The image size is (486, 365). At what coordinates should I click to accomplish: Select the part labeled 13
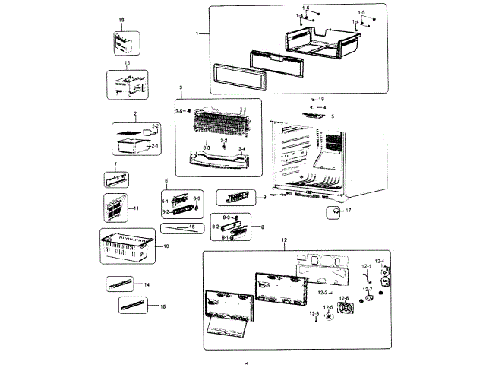point(127,85)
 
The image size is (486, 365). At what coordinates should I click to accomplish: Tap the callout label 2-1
point(156,144)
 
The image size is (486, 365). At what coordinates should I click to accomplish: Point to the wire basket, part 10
point(127,246)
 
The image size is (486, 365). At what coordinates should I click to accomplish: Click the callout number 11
point(137,208)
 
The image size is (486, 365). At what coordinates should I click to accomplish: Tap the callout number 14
point(147,284)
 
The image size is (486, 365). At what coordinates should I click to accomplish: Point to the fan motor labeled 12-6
point(346,309)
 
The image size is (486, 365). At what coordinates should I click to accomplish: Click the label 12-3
point(314,313)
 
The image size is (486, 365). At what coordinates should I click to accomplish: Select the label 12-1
point(365,266)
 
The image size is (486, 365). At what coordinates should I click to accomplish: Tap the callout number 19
point(321,100)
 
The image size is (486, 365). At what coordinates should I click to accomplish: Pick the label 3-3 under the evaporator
point(207,146)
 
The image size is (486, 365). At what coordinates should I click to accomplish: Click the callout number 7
point(115,165)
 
